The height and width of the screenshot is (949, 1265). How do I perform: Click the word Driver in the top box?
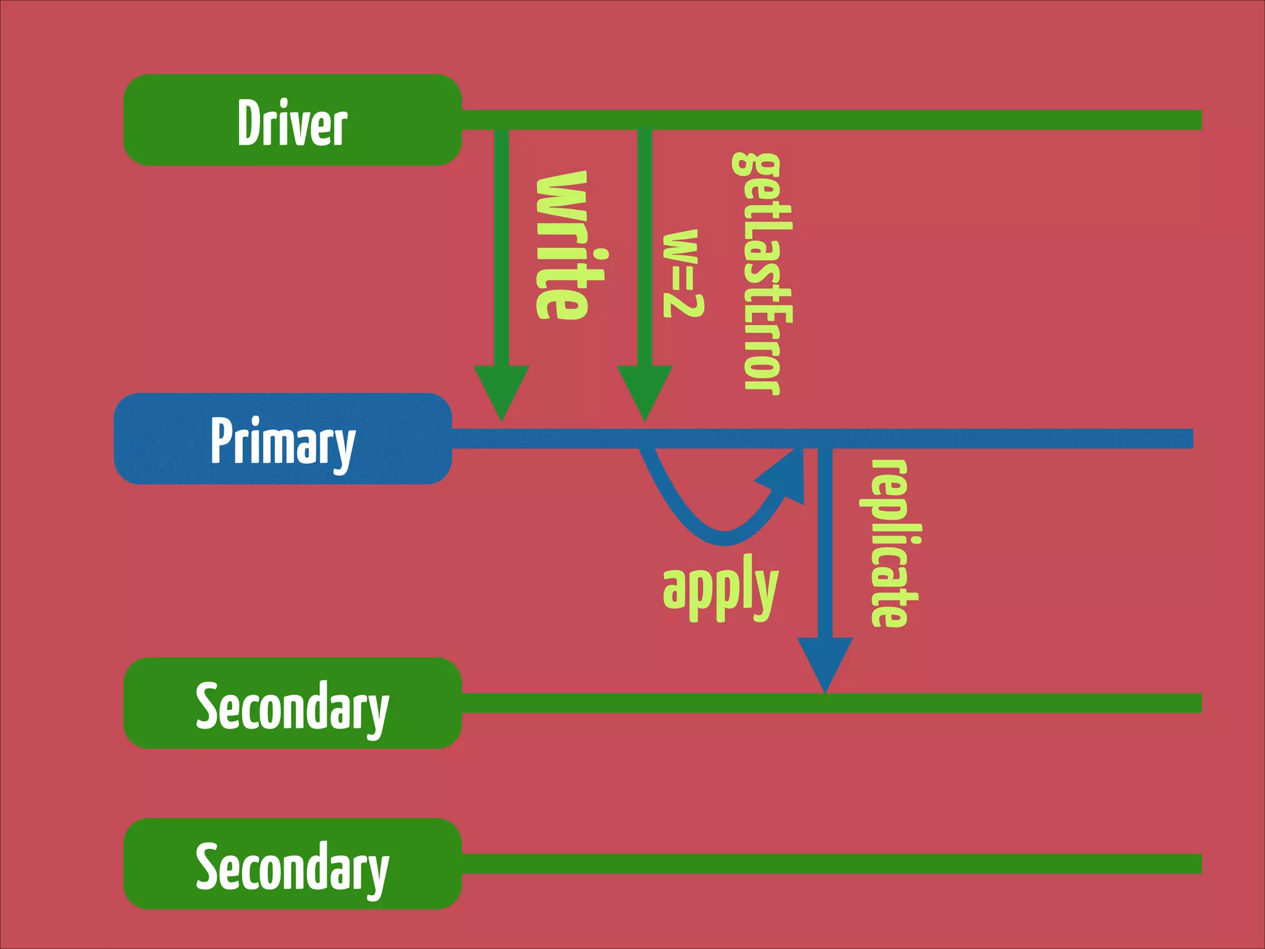click(292, 123)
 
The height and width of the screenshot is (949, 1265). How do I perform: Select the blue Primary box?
click(283, 439)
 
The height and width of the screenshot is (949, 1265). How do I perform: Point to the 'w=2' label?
click(682, 273)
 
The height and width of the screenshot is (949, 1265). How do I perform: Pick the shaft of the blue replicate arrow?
click(825, 544)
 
